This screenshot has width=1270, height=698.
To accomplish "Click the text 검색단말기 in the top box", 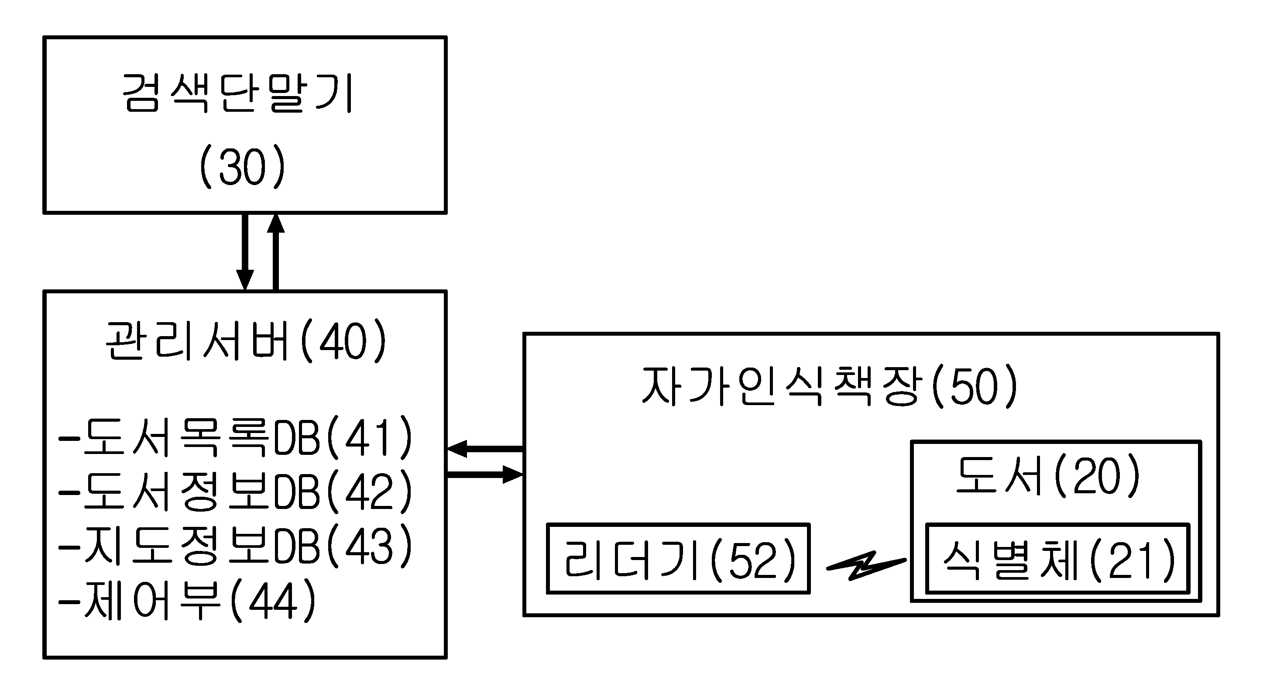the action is click(x=237, y=94).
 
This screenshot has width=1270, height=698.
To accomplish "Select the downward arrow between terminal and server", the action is click(x=245, y=252).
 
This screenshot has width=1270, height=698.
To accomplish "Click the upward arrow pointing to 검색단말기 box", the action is click(x=275, y=252).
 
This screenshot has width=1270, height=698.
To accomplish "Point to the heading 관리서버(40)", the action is click(x=246, y=340).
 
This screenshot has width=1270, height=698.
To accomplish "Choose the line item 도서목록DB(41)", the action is click(x=235, y=437).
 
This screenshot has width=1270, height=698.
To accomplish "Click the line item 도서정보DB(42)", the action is click(x=235, y=492).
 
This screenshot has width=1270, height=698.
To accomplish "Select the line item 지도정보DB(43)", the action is click(x=235, y=546).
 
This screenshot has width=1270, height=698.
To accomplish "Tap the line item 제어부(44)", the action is click(x=187, y=600).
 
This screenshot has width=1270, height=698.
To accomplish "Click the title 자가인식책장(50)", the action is click(x=830, y=386).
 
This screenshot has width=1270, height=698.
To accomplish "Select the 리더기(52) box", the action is click(x=678, y=559).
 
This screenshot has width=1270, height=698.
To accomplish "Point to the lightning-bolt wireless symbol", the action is click(x=866, y=565).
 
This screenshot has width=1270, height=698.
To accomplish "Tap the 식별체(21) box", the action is click(x=1058, y=559).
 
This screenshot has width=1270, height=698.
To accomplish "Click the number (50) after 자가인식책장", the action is click(x=975, y=386).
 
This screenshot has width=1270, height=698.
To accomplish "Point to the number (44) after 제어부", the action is click(x=273, y=600).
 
